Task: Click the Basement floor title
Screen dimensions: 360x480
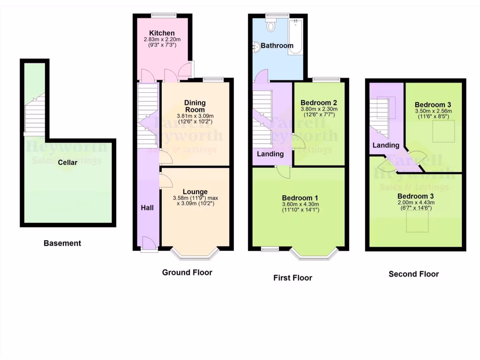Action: (62, 243)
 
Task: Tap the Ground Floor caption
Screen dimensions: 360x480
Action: (187, 272)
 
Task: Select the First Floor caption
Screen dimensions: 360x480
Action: (292, 278)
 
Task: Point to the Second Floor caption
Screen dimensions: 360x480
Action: (414, 274)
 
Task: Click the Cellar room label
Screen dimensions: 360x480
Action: (68, 163)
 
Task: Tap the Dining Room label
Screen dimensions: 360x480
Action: (195, 106)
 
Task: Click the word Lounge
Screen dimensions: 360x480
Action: (195, 192)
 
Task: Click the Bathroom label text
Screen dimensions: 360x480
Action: (277, 46)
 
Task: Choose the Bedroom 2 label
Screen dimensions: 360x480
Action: (319, 102)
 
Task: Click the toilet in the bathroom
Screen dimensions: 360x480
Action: (270, 25)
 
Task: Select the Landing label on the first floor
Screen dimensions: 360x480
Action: (270, 154)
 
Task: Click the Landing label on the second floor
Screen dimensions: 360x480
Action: (386, 146)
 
